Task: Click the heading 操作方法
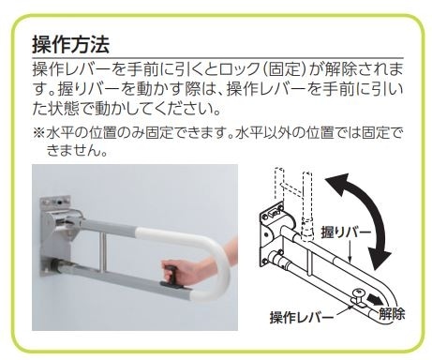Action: click(71, 44)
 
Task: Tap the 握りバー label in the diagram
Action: click(346, 232)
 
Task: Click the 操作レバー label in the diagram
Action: click(302, 318)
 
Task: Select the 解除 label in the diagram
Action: click(392, 314)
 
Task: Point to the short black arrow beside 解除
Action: click(374, 299)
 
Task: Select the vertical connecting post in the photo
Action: click(103, 252)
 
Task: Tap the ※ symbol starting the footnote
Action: click(38, 133)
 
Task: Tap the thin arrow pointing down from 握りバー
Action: click(350, 250)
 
